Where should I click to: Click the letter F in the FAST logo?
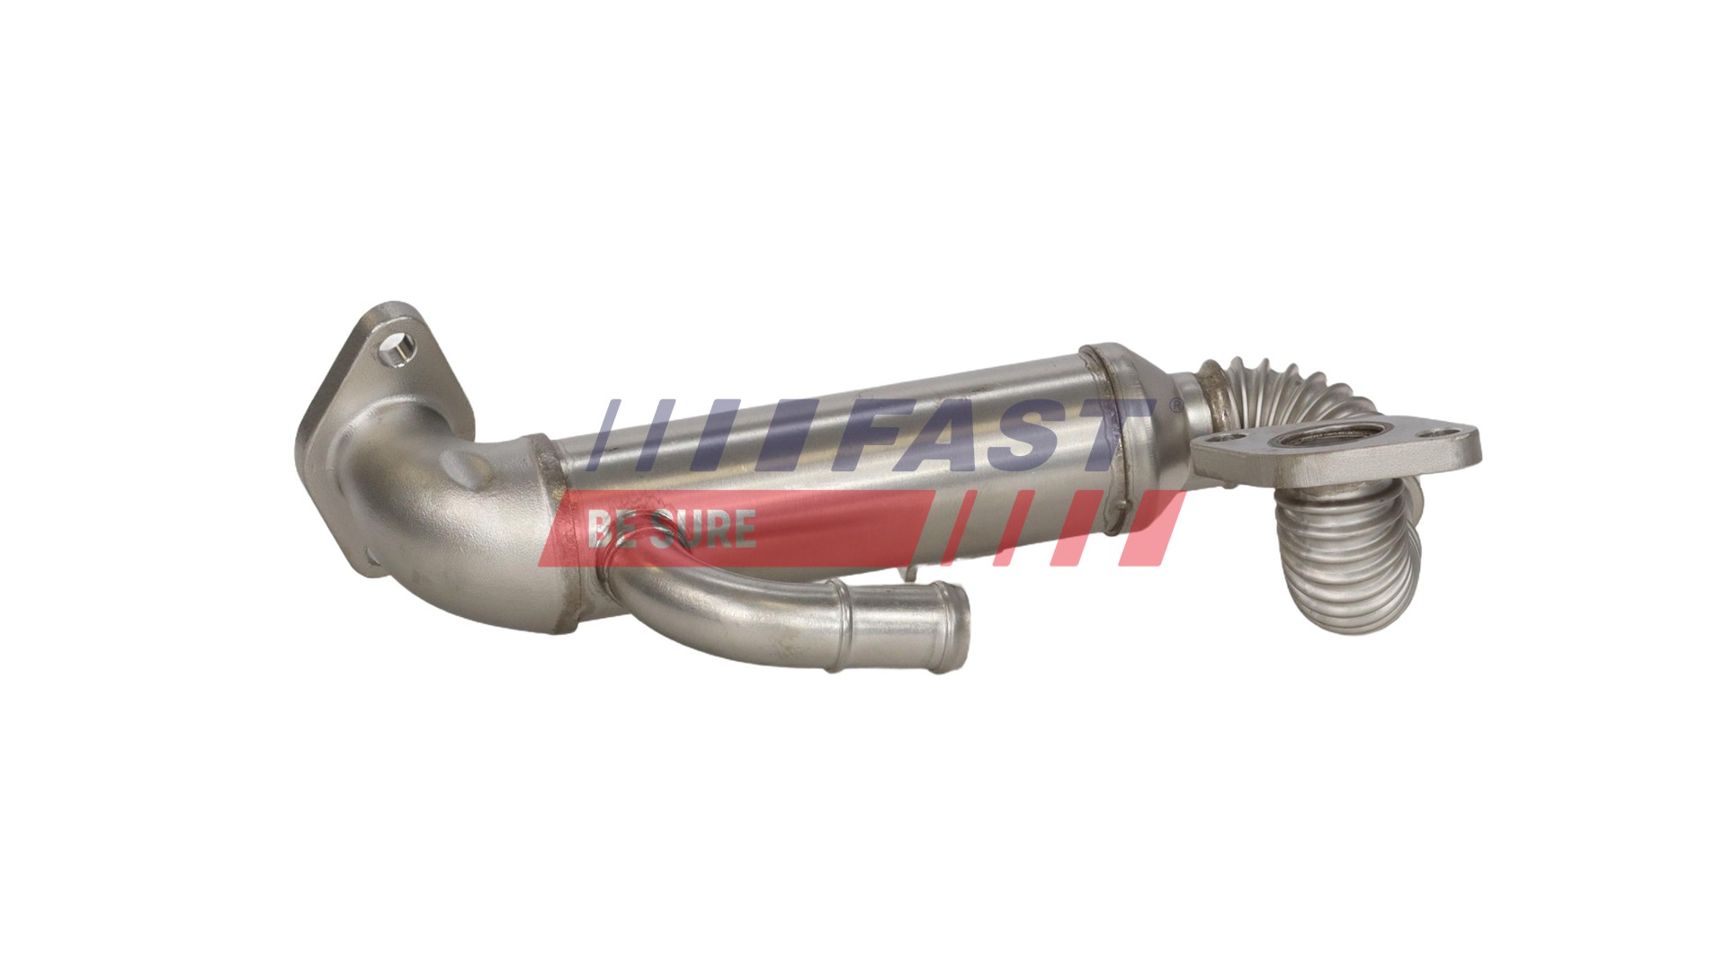pyautogui.click(x=877, y=435)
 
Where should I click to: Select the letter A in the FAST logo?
pyautogui.click(x=953, y=436)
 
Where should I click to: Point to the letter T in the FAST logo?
pyautogui.click(x=1115, y=436)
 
